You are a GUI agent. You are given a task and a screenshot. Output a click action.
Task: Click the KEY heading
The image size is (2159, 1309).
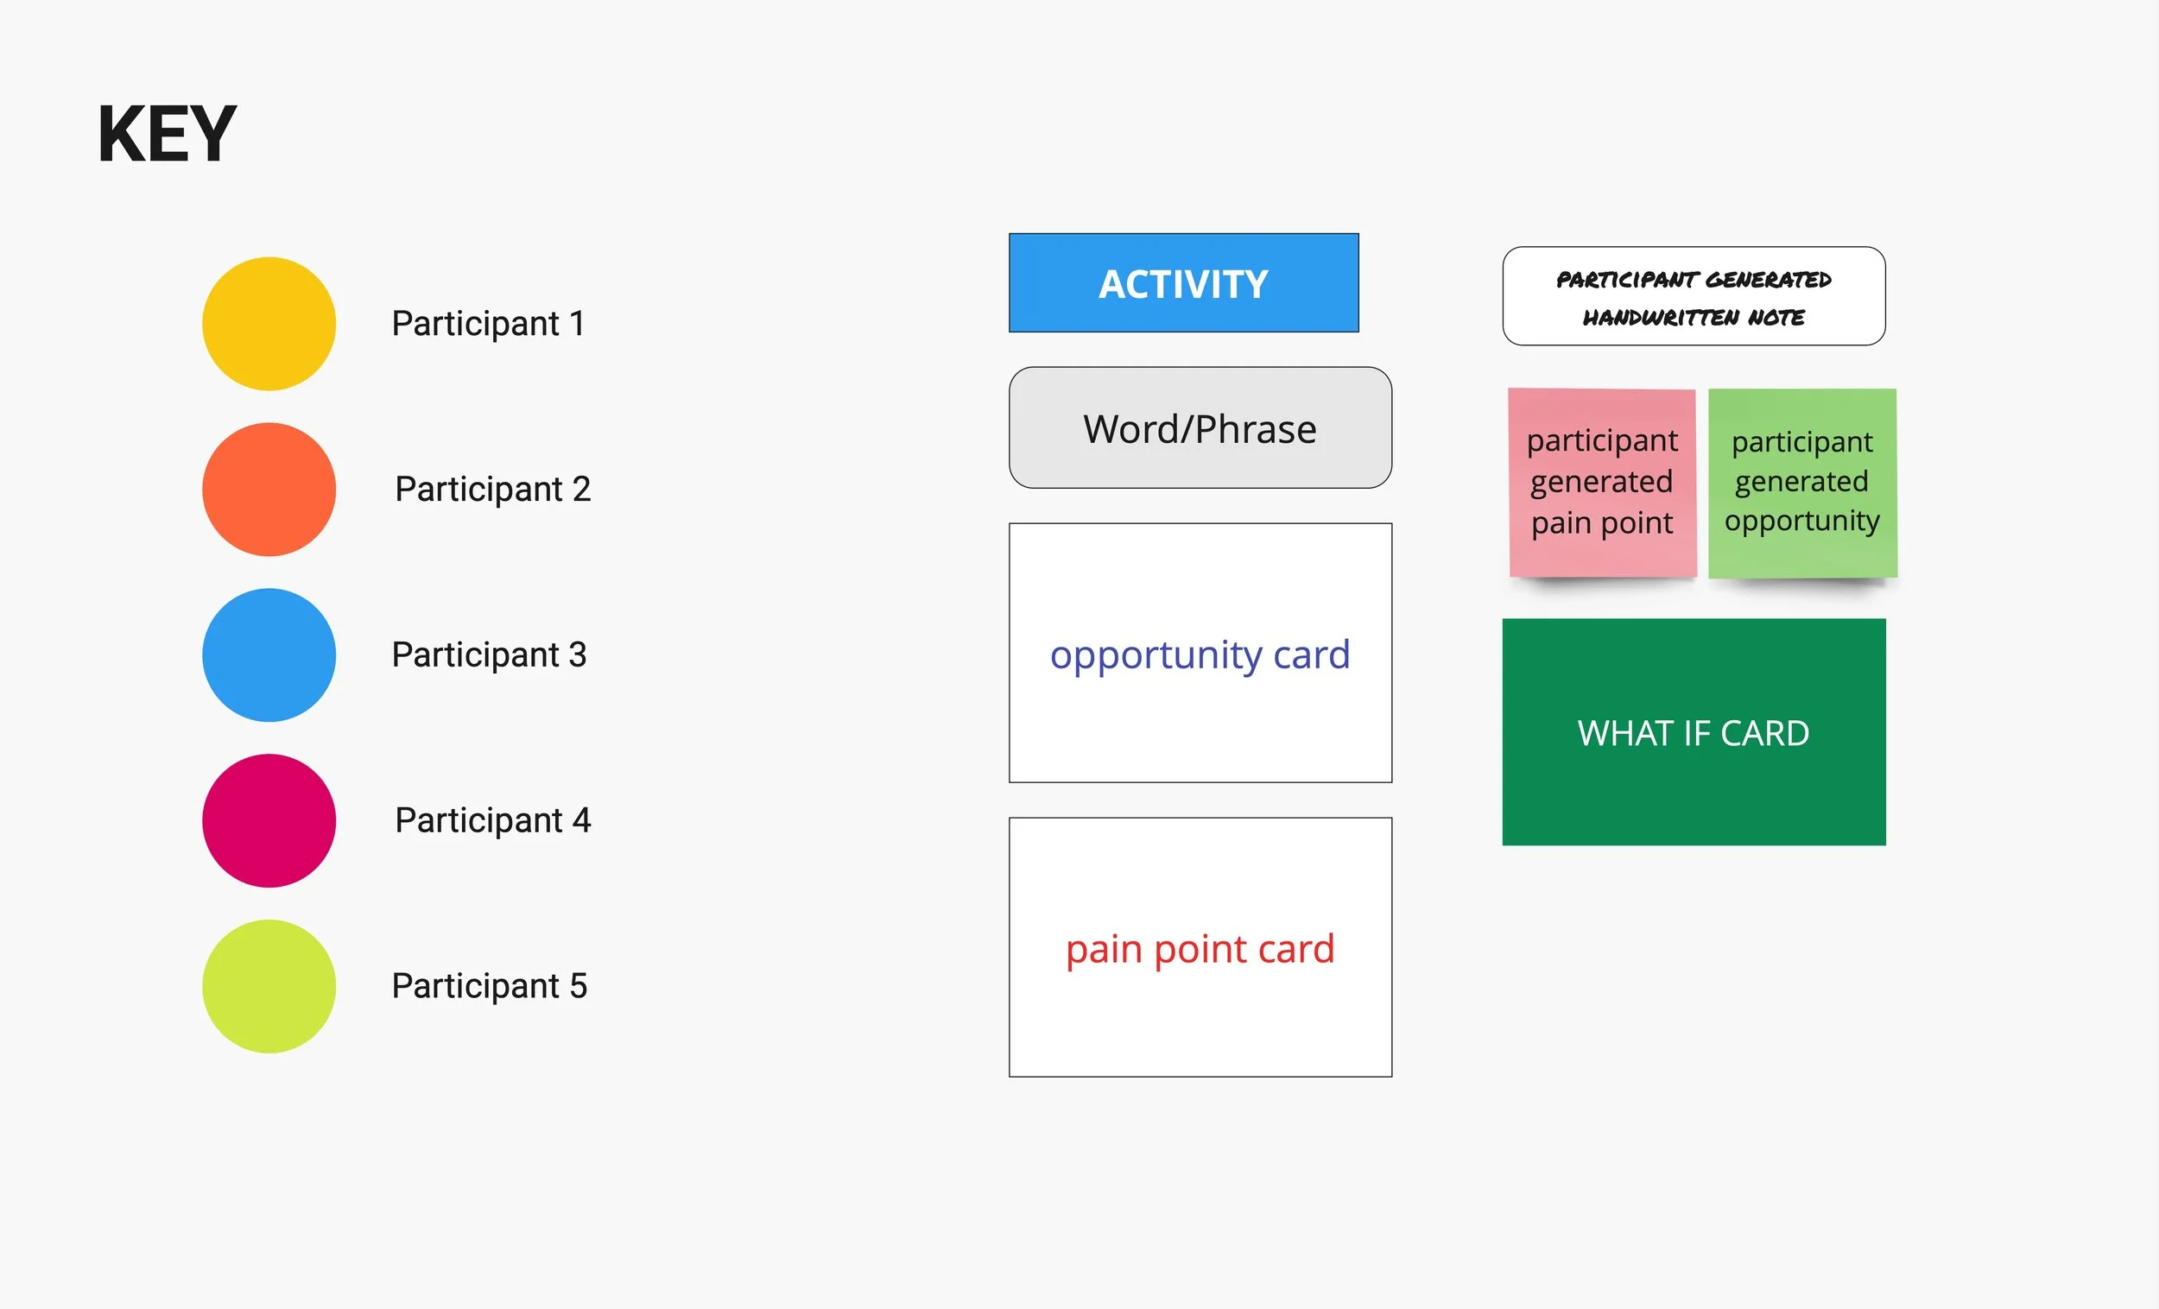pos(167,134)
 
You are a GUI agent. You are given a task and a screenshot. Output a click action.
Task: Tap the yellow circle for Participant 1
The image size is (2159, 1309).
pos(269,323)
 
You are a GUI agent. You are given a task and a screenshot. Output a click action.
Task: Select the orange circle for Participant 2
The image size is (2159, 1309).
pos(269,489)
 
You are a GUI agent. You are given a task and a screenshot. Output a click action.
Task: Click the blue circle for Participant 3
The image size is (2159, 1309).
pos(269,654)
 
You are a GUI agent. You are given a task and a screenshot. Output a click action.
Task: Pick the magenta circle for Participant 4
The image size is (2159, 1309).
pos(269,820)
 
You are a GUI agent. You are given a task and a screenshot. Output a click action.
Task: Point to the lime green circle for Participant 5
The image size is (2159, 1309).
pos(269,986)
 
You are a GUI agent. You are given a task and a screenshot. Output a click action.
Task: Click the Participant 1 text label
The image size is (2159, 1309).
pos(488,323)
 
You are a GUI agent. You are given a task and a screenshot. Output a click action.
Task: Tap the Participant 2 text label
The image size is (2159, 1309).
pos(492,489)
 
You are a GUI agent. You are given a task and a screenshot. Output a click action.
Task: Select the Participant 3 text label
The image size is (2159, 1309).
pos(489,654)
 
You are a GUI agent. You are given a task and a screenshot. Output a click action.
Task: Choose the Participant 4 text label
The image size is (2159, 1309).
pos(492,820)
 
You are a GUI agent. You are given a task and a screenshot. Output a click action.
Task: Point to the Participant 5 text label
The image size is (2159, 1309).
pos(489,986)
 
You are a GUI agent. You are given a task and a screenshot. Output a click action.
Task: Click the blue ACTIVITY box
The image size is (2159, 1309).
pos(1183,283)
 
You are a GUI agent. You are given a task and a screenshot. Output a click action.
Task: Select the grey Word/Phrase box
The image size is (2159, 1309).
pos(1200,427)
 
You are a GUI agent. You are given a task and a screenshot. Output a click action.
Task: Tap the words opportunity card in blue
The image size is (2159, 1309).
pos(1200,654)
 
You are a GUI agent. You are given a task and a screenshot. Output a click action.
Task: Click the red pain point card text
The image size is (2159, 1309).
pos(1200,949)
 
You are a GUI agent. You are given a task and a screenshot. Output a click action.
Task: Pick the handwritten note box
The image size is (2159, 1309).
pos(1693,296)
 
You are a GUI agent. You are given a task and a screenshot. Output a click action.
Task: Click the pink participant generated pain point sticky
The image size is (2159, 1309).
pos(1602,482)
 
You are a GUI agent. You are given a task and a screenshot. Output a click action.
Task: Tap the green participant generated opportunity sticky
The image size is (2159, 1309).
pos(1801,482)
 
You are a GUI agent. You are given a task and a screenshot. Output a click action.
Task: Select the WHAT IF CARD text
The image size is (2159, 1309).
pos(1693,732)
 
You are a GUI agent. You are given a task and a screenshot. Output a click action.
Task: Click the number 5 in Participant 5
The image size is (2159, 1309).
pos(579,986)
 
